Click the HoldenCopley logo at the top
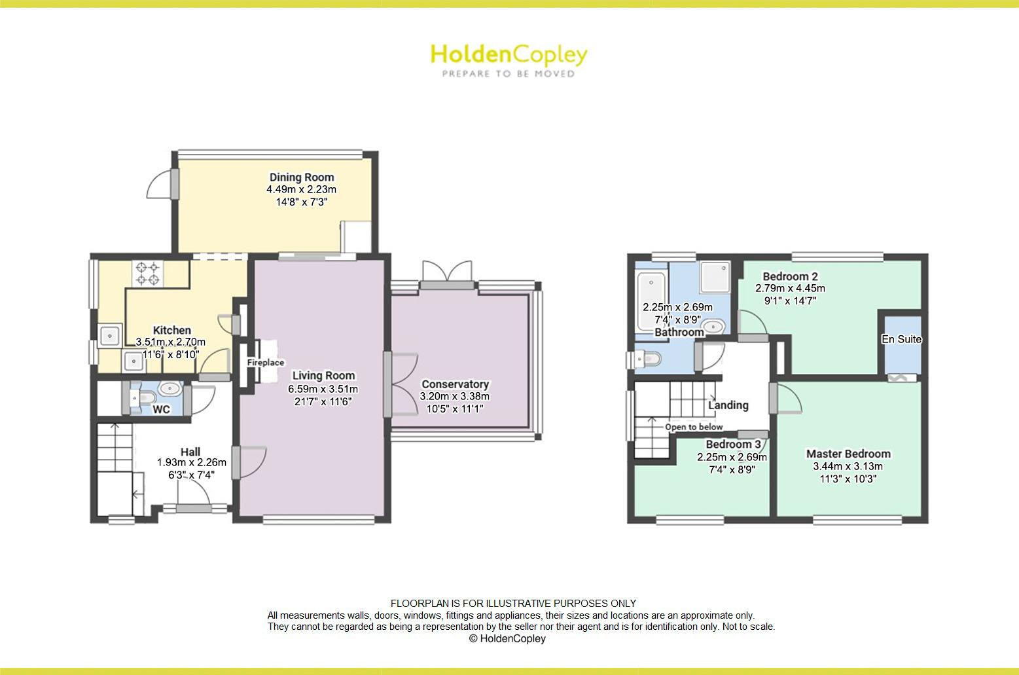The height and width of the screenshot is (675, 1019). (x=509, y=55)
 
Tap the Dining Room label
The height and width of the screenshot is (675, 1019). (x=302, y=177)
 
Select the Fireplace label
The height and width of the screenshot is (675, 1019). (x=266, y=363)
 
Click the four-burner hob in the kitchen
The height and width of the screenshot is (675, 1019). (x=147, y=274)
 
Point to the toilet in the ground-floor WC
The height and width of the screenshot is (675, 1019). (x=145, y=397)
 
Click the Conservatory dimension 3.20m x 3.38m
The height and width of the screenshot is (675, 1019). (x=455, y=396)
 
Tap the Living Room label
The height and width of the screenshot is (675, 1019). (x=323, y=375)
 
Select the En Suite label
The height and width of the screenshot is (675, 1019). (x=901, y=339)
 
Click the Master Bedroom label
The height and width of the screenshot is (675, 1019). (x=848, y=454)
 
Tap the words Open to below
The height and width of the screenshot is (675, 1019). (x=694, y=427)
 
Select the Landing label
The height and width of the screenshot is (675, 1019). (x=728, y=405)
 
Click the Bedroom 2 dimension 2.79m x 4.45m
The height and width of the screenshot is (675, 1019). (x=790, y=288)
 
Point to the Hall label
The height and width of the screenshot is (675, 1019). (x=190, y=452)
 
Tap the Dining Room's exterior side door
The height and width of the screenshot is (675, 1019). (x=161, y=185)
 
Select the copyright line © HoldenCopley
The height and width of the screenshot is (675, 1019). (x=507, y=638)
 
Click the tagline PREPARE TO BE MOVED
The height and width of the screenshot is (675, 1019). (x=509, y=74)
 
